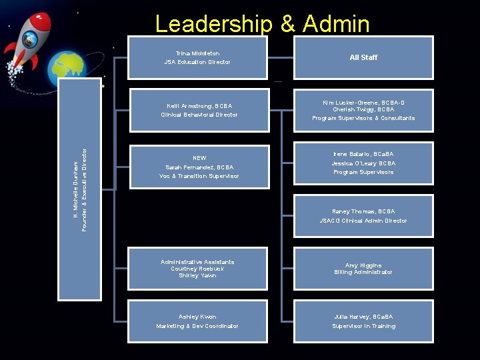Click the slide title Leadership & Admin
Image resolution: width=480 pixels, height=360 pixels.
click(262, 24)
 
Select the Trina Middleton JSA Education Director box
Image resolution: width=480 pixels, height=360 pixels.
click(197, 58)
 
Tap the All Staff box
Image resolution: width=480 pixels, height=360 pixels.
click(363, 58)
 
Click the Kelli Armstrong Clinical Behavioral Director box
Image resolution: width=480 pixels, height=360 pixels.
click(198, 111)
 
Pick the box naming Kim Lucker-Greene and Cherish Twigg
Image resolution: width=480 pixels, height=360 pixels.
click(363, 111)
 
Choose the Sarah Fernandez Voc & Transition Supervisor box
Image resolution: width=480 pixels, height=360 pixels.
click(198, 167)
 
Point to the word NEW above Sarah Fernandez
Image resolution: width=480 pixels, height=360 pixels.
click(199, 158)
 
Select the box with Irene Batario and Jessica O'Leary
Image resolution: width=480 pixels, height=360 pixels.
click(363, 163)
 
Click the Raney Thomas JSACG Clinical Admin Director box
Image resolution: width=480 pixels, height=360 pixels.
click(363, 216)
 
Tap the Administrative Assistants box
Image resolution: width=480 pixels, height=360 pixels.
click(198, 269)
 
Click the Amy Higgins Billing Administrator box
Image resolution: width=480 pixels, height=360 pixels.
click(363, 269)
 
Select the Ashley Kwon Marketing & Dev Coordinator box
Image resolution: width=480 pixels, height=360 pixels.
click(198, 321)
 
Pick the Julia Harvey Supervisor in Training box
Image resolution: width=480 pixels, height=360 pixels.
click(363, 321)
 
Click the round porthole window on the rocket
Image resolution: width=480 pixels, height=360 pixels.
click(29, 39)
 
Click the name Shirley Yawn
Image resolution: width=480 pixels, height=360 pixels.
click(197, 276)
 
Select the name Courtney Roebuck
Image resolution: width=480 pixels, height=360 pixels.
click(197, 269)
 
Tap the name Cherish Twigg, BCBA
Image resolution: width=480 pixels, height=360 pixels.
click(363, 109)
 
